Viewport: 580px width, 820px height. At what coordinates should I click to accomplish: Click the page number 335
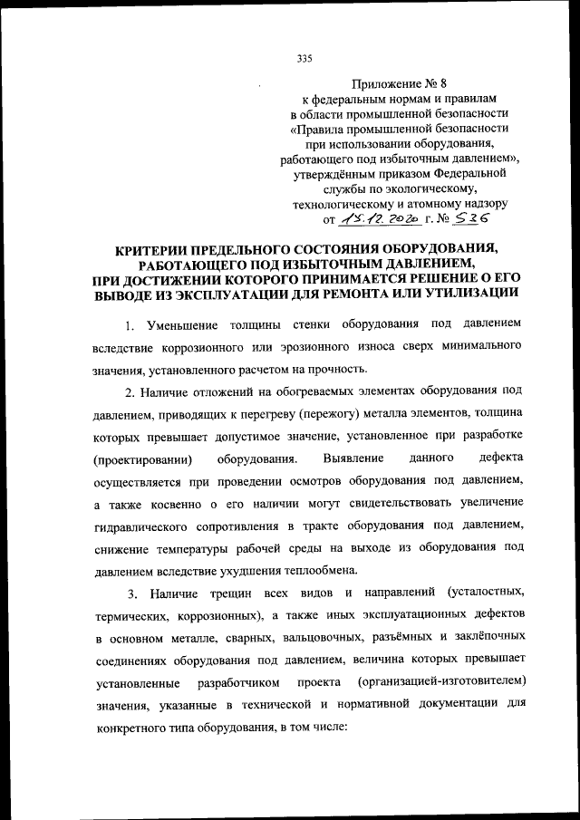click(x=304, y=59)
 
